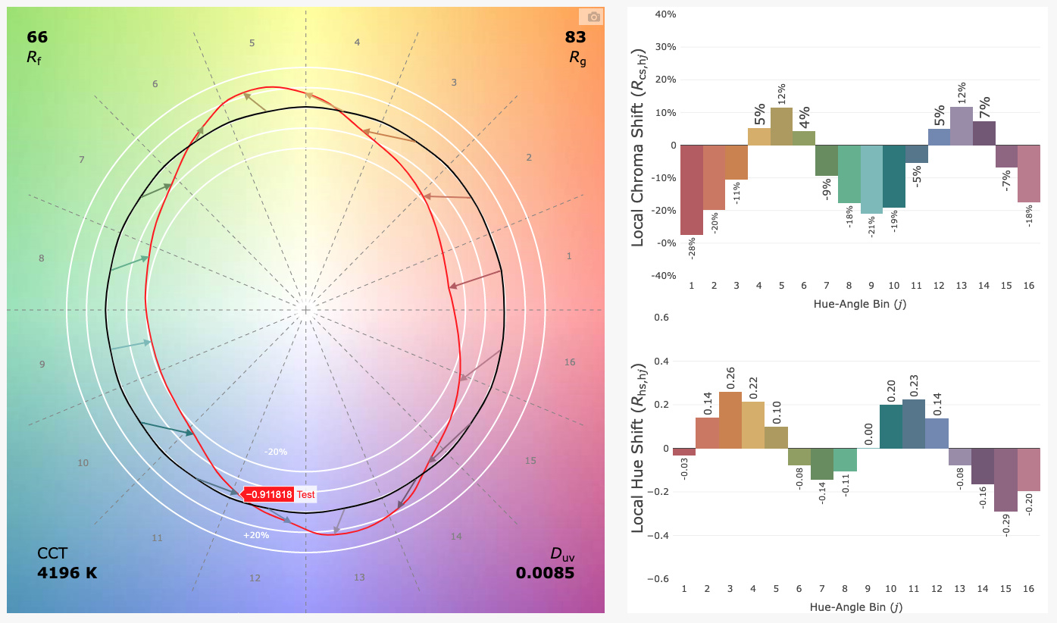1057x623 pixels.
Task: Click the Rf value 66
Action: click(37, 37)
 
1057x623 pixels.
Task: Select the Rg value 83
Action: click(575, 37)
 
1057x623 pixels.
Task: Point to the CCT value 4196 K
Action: click(67, 572)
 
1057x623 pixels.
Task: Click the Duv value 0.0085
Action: click(545, 572)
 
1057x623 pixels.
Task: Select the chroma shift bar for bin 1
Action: click(692, 189)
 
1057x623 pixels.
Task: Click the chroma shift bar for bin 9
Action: click(871, 179)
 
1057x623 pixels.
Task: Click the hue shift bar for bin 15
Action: click(1005, 480)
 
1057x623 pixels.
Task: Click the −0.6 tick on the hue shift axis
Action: click(656, 579)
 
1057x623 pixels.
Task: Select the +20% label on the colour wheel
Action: click(256, 535)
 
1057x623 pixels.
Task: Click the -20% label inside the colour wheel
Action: click(276, 452)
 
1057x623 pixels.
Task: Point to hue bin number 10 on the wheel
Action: click(83, 463)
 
